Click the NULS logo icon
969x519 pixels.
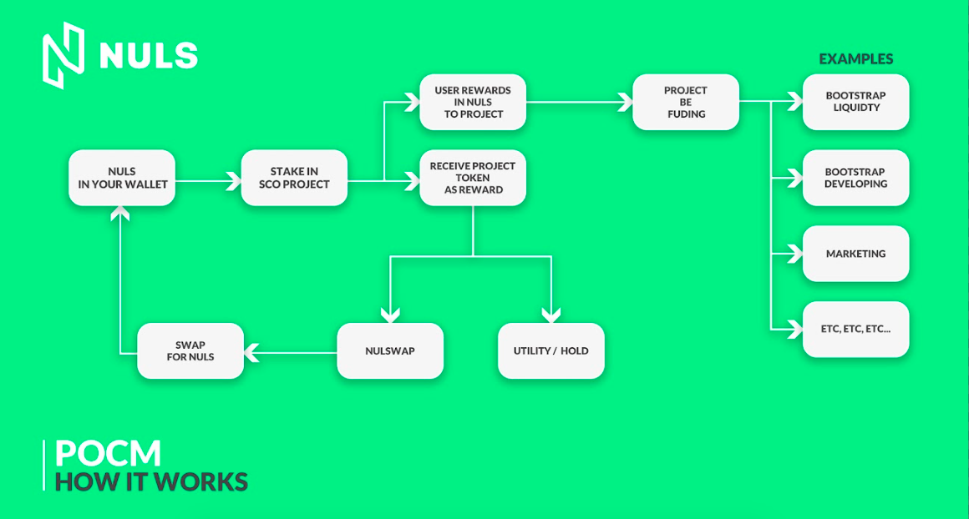coord(63,55)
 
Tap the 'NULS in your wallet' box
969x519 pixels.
coord(122,178)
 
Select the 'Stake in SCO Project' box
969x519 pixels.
coord(294,178)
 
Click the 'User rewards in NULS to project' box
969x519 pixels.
coord(473,102)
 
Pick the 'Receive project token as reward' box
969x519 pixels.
coord(473,178)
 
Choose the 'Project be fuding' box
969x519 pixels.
coord(686,102)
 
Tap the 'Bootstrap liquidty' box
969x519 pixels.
coord(856,102)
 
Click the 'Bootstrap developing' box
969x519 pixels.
coord(856,178)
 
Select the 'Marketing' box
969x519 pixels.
coord(856,254)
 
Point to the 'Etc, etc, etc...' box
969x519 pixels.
coord(856,329)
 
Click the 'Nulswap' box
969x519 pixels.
coord(390,350)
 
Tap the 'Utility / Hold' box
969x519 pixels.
coord(551,350)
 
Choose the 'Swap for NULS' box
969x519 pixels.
coord(190,350)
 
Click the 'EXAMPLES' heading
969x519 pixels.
coord(856,59)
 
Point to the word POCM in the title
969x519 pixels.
coord(108,454)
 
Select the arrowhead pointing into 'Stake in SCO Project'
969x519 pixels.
coord(234,181)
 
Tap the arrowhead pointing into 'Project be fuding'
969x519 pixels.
coord(626,102)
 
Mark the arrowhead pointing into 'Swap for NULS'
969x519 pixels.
coord(251,353)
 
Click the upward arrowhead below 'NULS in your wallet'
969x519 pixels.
coord(120,214)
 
